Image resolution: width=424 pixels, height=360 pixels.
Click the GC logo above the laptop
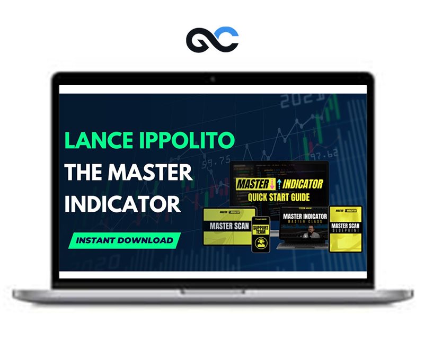click(x=213, y=39)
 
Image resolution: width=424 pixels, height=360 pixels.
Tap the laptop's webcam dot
click(x=213, y=79)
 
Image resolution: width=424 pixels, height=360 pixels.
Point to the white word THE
click(x=85, y=173)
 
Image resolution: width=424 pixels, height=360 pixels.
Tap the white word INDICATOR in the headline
click(x=122, y=203)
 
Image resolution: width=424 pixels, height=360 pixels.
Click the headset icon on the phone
click(x=261, y=242)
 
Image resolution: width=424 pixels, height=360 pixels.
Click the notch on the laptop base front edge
click(x=213, y=291)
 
